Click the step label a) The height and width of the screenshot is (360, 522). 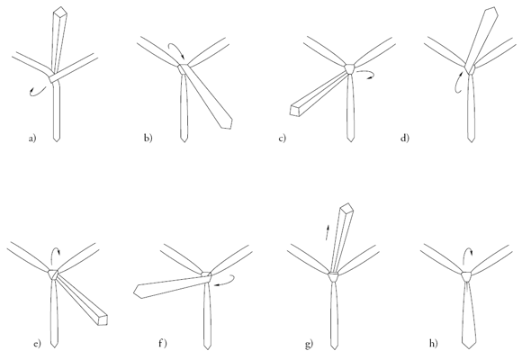click(x=32, y=139)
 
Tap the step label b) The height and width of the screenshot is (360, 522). click(x=148, y=138)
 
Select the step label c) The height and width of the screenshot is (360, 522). click(x=282, y=138)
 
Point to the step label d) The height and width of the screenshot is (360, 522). click(x=404, y=138)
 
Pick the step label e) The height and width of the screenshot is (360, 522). click(x=37, y=343)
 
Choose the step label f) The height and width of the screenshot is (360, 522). click(x=163, y=343)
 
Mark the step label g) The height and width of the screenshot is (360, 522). click(x=309, y=343)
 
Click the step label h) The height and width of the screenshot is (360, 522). click(x=433, y=343)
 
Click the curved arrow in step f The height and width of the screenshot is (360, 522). click(x=228, y=282)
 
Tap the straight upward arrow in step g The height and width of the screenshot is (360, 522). click(x=328, y=232)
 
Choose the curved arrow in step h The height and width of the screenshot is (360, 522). click(x=467, y=253)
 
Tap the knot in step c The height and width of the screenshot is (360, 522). click(x=350, y=69)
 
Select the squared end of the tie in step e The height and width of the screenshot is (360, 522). click(x=103, y=319)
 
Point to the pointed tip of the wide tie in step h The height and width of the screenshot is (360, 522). click(x=470, y=348)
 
